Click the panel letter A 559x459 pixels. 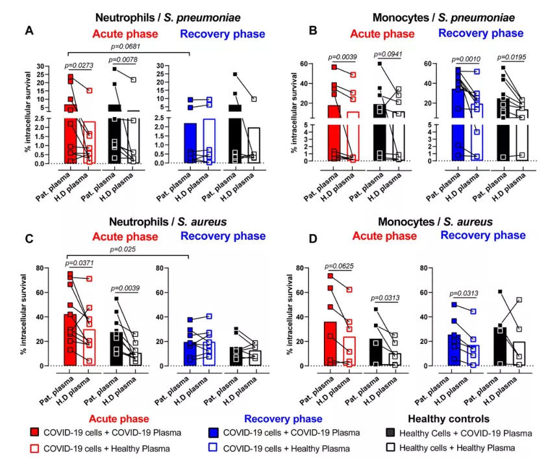pos(29,31)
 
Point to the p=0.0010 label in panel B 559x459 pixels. pos(453,58)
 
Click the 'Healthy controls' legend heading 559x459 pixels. pos(449,419)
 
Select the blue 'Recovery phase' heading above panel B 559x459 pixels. pos(481,33)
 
